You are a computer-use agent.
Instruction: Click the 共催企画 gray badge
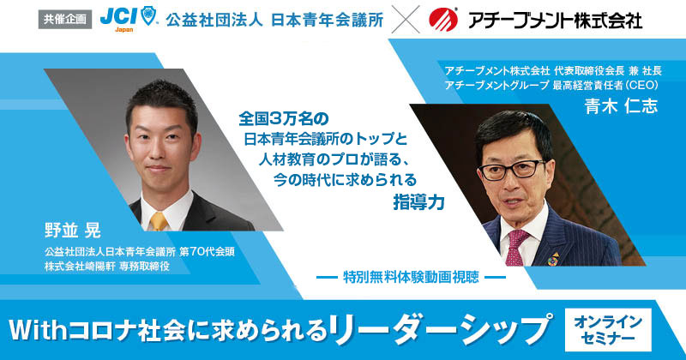click(65, 20)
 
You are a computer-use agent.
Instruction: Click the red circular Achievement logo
click(443, 20)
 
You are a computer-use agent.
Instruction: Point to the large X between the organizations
click(406, 20)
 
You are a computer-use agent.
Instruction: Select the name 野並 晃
click(73, 231)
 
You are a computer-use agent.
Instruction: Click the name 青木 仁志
click(621, 105)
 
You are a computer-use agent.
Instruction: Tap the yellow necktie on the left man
click(159, 221)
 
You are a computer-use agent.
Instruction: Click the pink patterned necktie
click(517, 247)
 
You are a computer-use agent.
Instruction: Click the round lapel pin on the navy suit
click(553, 259)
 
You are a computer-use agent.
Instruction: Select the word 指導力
click(418, 202)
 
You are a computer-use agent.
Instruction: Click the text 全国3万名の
click(284, 118)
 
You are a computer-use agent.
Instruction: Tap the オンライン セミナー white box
click(608, 329)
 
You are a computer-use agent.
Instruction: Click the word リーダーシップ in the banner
click(439, 329)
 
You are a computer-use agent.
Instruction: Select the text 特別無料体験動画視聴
click(411, 277)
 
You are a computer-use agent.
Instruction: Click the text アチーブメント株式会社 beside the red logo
click(555, 20)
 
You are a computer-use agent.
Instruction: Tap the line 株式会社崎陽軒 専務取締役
click(106, 267)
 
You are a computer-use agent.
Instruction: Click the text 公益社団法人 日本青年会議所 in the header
click(274, 20)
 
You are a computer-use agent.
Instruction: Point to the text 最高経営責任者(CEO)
click(605, 86)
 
